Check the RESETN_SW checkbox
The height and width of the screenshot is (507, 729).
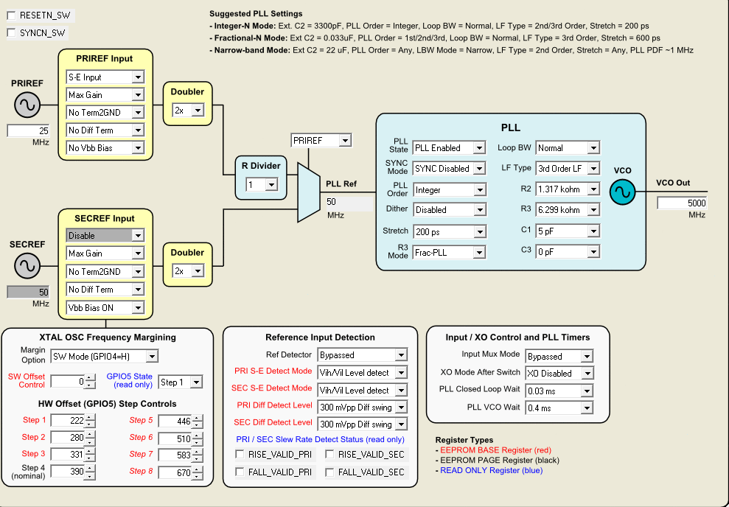point(11,15)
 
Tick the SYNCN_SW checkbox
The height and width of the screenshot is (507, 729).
point(11,32)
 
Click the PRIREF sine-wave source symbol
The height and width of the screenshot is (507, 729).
point(27,105)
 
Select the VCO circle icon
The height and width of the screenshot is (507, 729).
point(622,192)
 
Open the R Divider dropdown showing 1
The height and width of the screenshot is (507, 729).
point(262,185)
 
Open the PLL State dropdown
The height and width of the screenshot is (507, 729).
point(448,148)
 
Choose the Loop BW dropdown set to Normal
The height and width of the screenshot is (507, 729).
point(566,148)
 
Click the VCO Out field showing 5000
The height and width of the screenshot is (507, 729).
point(683,203)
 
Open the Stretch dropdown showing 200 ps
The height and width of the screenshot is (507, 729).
point(448,231)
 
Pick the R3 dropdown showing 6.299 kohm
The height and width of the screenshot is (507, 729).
point(566,210)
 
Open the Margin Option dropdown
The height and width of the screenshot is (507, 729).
point(104,357)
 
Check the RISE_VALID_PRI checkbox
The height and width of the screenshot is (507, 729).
point(240,455)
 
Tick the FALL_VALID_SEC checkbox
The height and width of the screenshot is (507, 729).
point(330,472)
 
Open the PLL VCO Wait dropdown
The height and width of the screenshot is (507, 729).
point(558,408)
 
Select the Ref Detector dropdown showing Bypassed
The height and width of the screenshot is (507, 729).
point(362,355)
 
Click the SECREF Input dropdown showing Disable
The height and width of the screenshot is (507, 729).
point(105,236)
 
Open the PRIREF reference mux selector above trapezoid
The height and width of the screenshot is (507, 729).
point(321,140)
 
